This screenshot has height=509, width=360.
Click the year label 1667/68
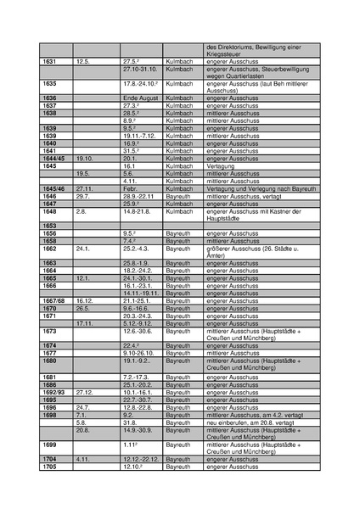tap(53, 300)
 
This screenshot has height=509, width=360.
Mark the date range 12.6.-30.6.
tap(139, 331)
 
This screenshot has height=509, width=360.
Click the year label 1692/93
tap(53, 393)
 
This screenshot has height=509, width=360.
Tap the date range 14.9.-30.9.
tap(139, 430)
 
